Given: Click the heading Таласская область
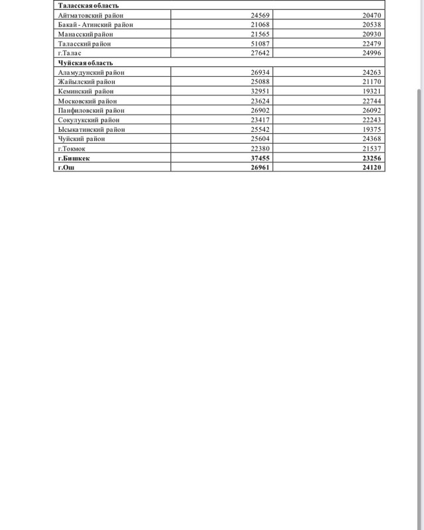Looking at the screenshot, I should (88, 5).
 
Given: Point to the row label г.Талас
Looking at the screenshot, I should (70, 52).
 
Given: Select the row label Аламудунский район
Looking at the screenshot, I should (91, 72).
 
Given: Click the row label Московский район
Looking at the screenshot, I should (87, 101).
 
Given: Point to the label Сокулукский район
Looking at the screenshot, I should (89, 120).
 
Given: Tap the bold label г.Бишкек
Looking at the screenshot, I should (74, 158).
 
